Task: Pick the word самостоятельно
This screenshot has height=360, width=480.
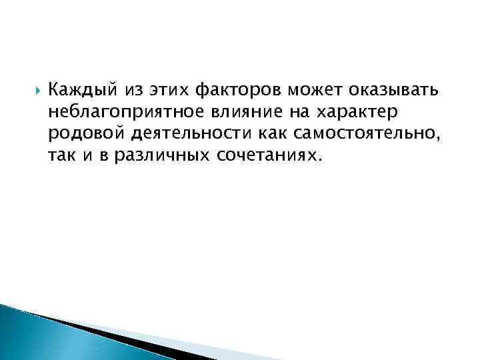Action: coord(349,135)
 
